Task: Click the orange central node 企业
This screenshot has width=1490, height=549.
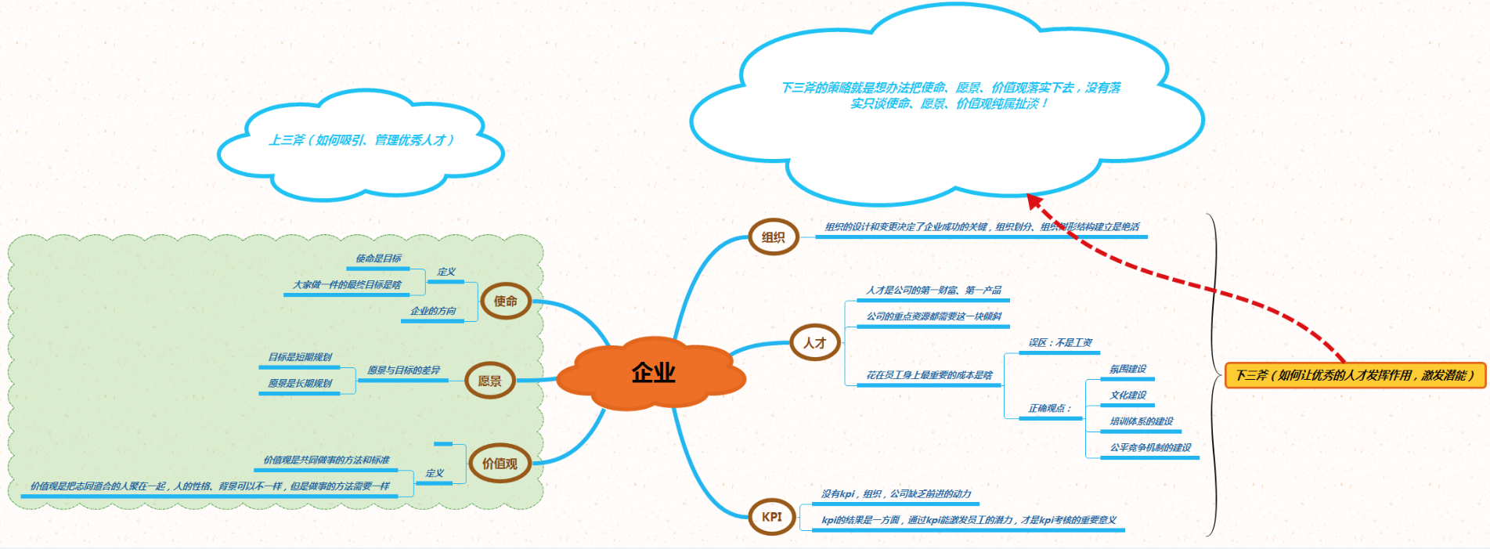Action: coord(653,373)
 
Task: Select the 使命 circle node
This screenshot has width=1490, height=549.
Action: coord(505,302)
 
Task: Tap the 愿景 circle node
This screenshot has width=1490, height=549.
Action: coord(489,381)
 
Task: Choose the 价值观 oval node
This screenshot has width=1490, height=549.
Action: coord(500,464)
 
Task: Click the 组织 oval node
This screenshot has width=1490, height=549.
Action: coord(773,237)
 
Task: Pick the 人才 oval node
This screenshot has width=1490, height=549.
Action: coord(814,343)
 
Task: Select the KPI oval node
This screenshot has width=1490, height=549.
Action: coord(772,517)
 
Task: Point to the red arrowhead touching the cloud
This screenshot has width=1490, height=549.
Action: coord(1035,201)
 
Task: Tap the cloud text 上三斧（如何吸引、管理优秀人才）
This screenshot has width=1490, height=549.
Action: coord(361,140)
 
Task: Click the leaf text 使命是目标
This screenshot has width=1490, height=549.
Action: coord(378,258)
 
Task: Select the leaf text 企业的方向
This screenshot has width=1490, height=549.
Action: coord(433,311)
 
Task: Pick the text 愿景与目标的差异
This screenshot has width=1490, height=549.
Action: coord(403,370)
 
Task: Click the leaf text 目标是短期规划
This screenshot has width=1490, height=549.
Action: coord(300,357)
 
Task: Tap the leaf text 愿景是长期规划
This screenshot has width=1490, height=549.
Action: coord(300,384)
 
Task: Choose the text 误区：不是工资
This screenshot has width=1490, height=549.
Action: coord(1060,343)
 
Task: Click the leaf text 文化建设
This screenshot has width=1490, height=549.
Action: coord(1127,395)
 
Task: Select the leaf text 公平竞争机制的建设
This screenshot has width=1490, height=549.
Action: coord(1150,448)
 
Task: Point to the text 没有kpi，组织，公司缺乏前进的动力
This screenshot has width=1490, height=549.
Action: coord(896,494)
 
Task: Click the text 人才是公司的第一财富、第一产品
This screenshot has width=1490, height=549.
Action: coord(933,291)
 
